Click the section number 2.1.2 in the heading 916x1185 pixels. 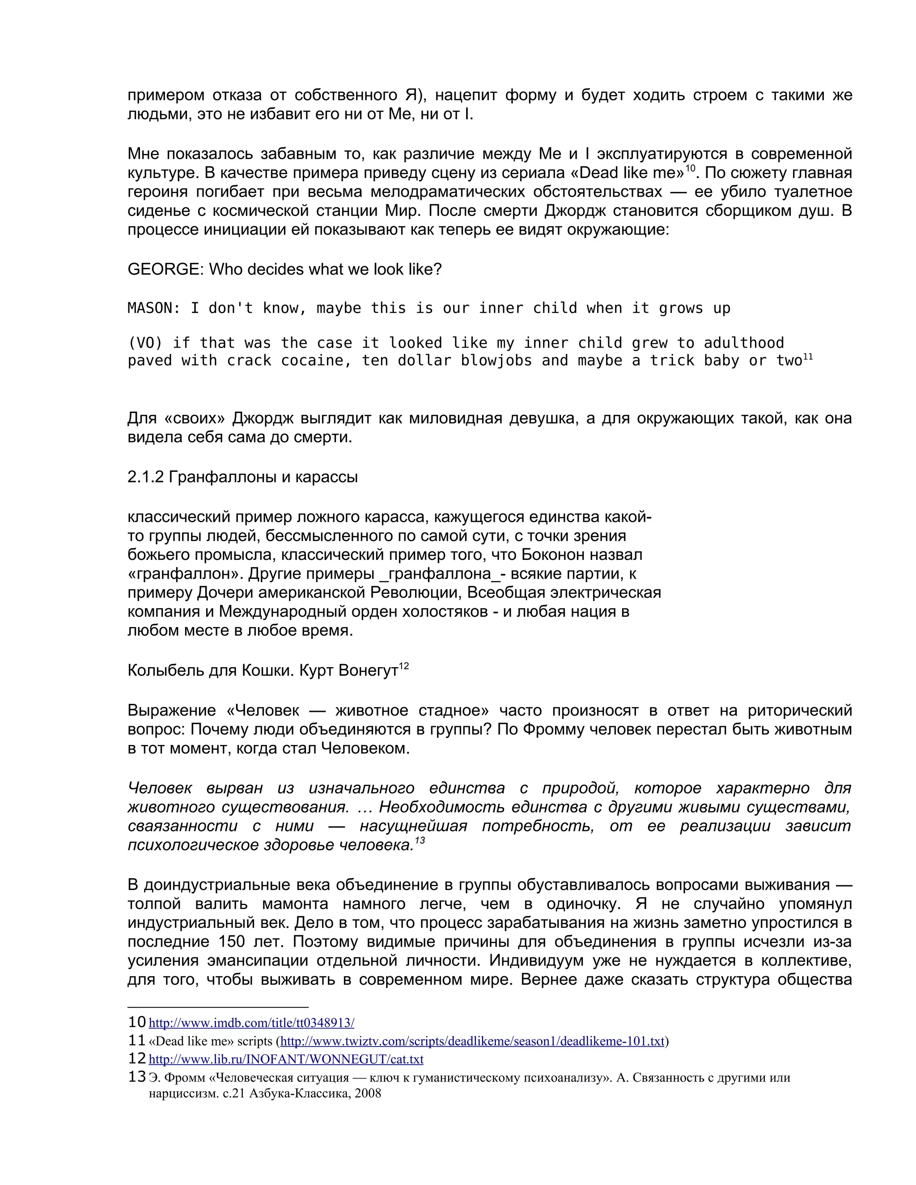(145, 477)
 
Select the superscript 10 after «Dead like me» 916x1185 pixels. (690, 168)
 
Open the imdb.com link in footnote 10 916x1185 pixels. (251, 1023)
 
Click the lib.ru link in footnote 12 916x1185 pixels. (286, 1059)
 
